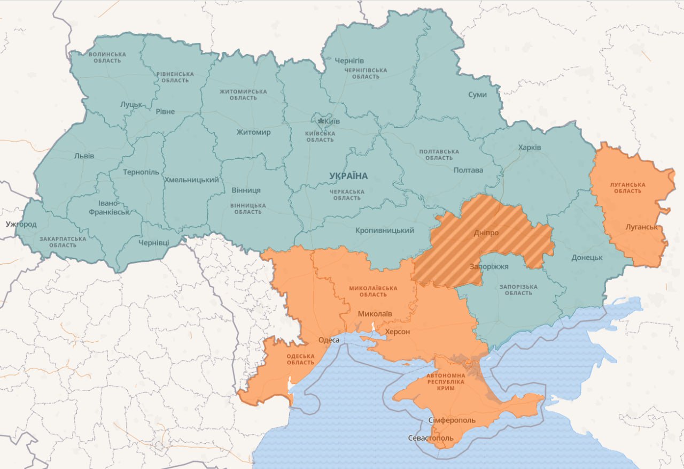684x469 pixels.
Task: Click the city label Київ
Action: tap(332, 121)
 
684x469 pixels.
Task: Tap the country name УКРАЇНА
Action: tap(348, 176)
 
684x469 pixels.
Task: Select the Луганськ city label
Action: tap(641, 227)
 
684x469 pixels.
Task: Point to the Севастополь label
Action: tap(431, 438)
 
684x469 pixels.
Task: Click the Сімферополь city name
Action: tap(452, 420)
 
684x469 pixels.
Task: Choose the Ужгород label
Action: tap(21, 224)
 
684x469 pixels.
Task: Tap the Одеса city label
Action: tap(329, 340)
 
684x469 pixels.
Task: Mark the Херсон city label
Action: tap(398, 332)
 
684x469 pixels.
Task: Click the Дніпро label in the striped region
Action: tap(486, 233)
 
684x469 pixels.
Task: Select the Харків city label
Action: tap(530, 147)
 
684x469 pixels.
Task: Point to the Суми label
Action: tap(477, 95)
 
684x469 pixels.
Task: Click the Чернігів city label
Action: tap(349, 60)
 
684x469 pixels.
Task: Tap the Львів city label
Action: tap(84, 156)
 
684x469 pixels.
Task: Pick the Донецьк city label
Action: tap(586, 257)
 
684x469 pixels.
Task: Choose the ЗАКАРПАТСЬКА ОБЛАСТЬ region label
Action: tap(63, 242)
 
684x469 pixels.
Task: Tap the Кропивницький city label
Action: tap(385, 230)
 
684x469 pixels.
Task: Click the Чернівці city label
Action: tap(153, 242)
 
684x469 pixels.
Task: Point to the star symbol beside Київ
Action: tap(321, 121)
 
